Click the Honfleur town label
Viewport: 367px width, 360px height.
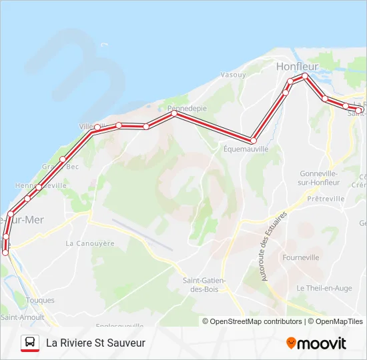[298, 66]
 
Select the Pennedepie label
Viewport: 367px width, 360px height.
[187, 108]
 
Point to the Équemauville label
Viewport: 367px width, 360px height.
[246, 149]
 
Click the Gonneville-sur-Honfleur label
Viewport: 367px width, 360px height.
[318, 177]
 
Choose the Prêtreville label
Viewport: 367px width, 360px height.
[326, 199]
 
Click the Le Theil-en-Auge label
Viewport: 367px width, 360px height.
[324, 288]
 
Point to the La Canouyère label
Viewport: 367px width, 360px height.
[90, 243]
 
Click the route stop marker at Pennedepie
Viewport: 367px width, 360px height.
[174, 113]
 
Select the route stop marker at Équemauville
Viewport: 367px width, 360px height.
[254, 141]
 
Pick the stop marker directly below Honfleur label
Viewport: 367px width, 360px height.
[304, 76]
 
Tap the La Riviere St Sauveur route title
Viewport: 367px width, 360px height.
[95, 343]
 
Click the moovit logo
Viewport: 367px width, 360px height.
[316, 343]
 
